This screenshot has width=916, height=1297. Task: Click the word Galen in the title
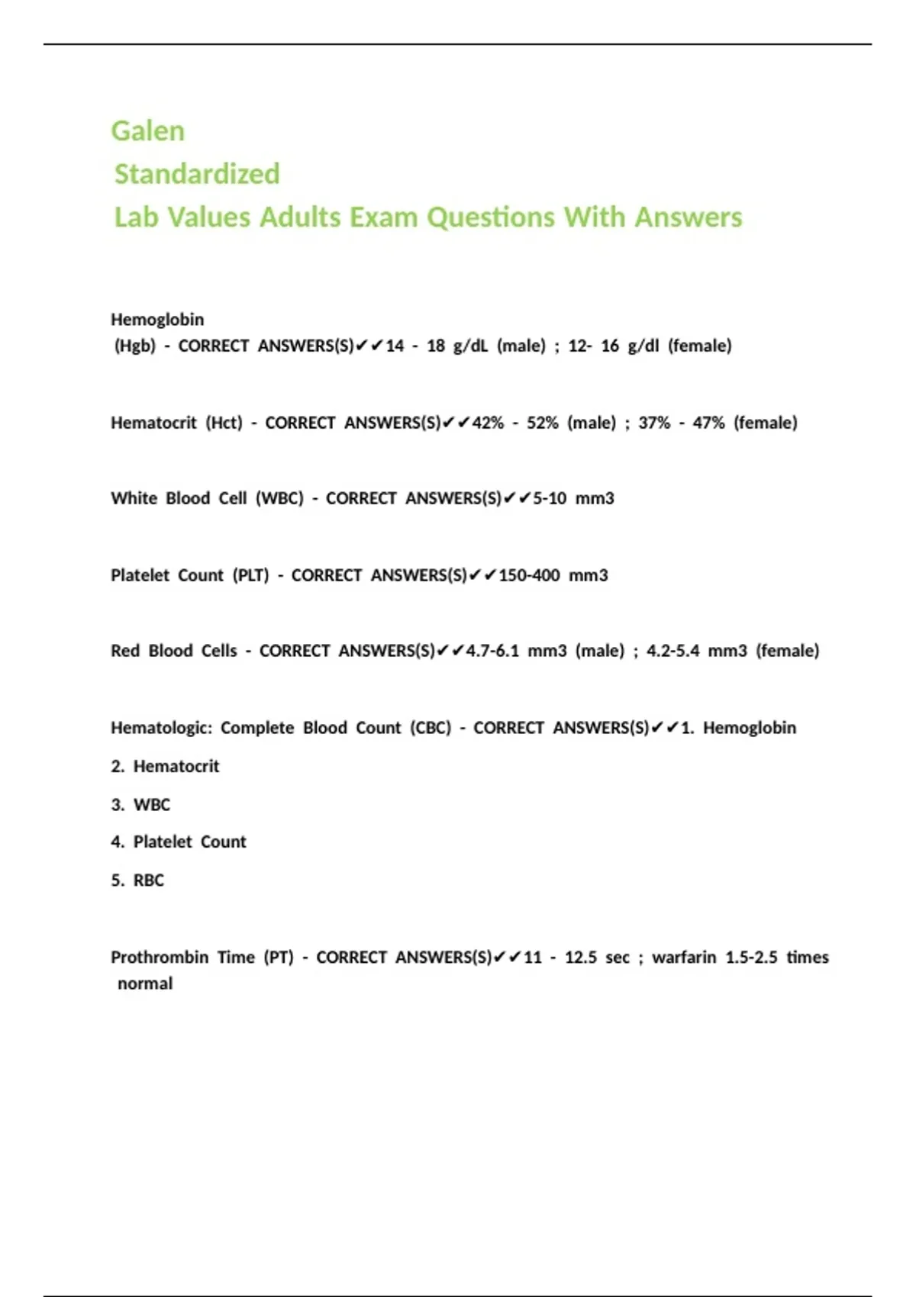point(147,131)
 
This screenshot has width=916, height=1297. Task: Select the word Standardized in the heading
point(197,174)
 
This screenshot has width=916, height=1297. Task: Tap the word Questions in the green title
point(491,217)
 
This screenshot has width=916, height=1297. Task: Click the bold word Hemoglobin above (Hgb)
point(157,319)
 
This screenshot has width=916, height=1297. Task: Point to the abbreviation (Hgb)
point(135,346)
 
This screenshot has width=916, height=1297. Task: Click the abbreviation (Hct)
point(224,423)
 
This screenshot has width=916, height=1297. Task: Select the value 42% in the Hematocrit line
point(488,423)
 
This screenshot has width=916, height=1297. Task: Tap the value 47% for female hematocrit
point(708,423)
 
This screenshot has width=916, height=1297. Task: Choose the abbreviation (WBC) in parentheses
point(279,498)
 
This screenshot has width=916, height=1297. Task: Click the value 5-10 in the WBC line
point(550,498)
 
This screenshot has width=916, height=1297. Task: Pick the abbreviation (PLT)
point(251,575)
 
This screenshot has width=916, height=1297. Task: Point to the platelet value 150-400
point(529,575)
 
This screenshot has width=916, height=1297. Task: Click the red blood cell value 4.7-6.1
point(492,651)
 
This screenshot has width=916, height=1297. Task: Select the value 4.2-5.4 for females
point(672,651)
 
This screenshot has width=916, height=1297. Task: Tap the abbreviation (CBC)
point(431,728)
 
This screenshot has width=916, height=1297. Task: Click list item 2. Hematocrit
point(166,766)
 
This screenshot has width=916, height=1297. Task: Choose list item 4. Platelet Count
point(179,842)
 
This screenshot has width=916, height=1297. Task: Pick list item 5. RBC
point(138,880)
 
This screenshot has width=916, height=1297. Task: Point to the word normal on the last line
point(145,983)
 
